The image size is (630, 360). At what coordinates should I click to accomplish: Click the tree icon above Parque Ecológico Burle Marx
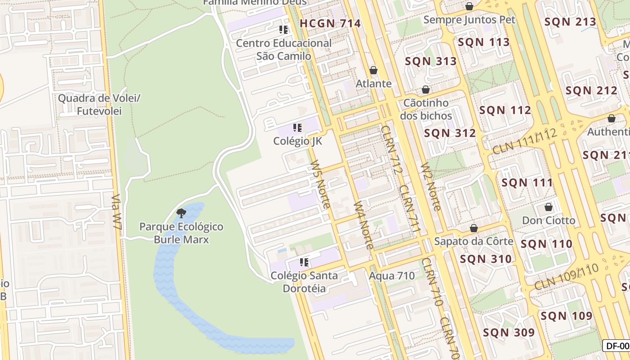(x=181, y=213)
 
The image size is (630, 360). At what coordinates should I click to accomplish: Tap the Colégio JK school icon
(x=297, y=128)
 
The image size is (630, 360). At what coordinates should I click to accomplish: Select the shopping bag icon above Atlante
(x=373, y=70)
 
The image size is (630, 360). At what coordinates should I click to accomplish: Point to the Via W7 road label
(x=117, y=213)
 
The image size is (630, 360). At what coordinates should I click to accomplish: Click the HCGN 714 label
(x=330, y=23)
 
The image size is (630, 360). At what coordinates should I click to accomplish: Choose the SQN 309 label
(x=508, y=333)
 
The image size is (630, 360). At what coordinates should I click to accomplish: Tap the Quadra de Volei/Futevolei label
(x=99, y=104)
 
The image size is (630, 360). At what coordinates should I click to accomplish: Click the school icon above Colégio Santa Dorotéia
(x=304, y=262)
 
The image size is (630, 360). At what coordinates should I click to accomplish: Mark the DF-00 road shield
(x=617, y=346)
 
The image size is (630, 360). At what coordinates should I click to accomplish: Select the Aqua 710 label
(x=392, y=275)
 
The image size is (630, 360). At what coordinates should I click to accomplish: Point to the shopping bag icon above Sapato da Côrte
(x=473, y=228)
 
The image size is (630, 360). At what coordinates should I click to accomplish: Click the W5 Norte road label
(x=320, y=184)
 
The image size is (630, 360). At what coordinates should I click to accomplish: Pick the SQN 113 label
(x=484, y=42)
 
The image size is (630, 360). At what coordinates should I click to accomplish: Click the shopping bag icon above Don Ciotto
(x=548, y=207)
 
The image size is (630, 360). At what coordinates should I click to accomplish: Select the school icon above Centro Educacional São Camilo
(x=283, y=30)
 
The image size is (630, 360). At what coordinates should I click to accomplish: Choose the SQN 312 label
(x=450, y=133)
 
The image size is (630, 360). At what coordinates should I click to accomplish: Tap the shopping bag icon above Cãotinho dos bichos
(x=426, y=90)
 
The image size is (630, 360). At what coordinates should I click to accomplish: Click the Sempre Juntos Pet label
(x=469, y=20)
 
